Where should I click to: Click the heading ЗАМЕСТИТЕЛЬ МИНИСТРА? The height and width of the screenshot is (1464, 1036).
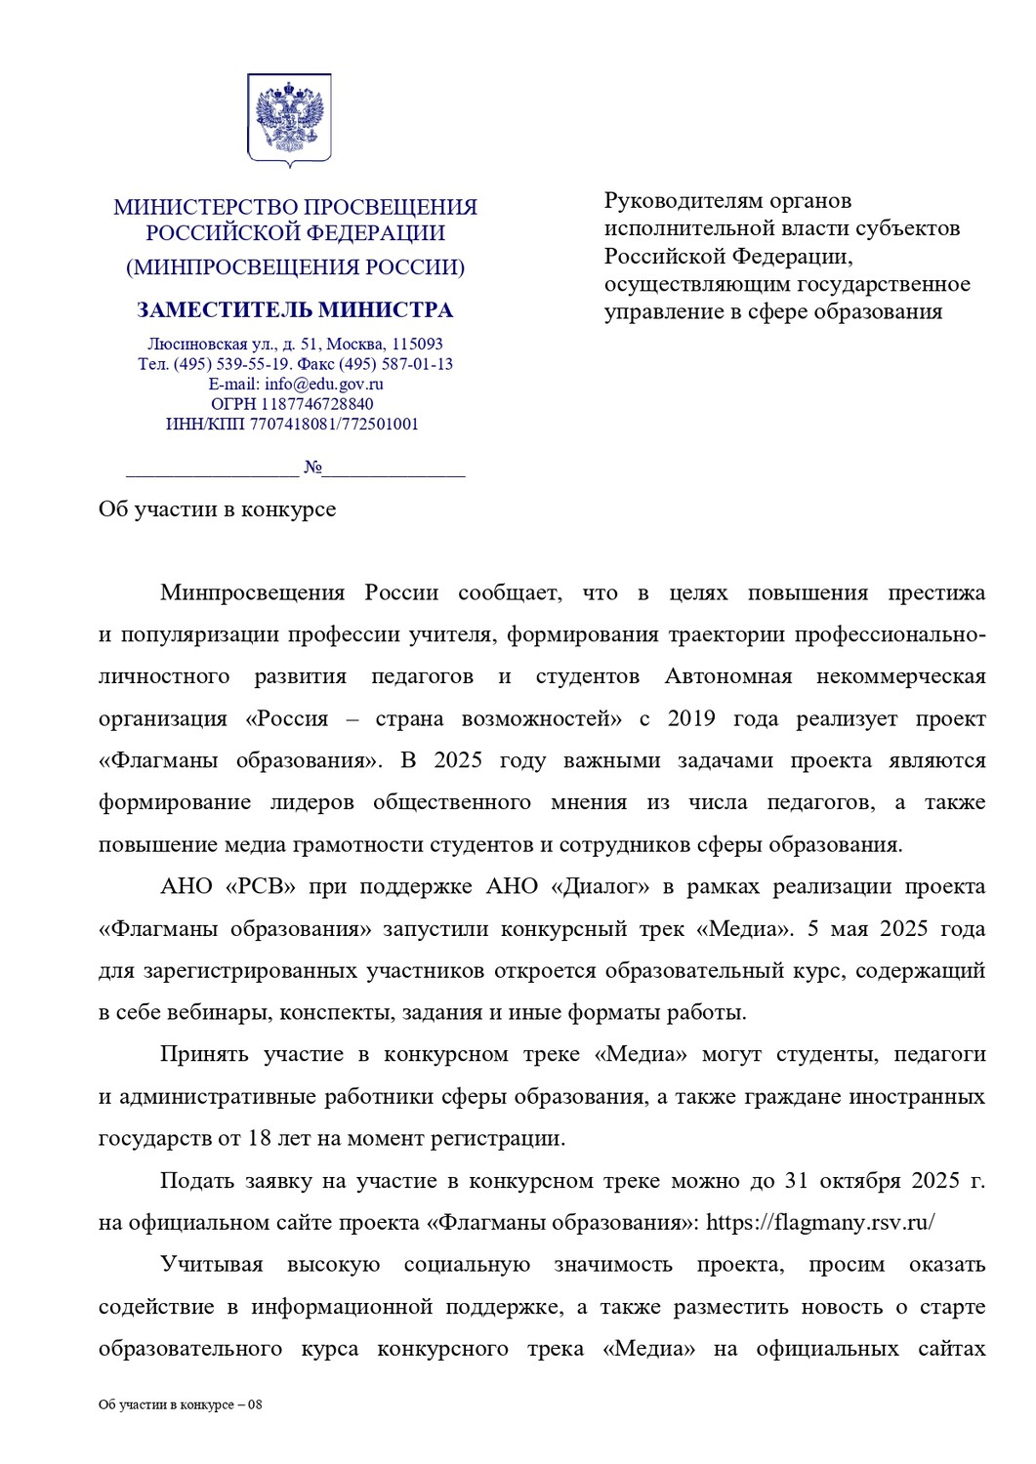(x=295, y=310)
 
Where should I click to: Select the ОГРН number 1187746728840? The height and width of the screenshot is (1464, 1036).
(x=316, y=404)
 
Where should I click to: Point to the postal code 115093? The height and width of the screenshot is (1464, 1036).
(x=417, y=344)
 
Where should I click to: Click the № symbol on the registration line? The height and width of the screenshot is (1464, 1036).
(x=312, y=468)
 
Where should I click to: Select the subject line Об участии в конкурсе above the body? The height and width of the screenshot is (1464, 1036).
(x=217, y=509)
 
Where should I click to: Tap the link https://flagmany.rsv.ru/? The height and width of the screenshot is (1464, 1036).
(x=820, y=1222)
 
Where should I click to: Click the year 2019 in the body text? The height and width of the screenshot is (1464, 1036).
(x=691, y=718)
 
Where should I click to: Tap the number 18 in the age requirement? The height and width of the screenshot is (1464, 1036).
(x=259, y=1138)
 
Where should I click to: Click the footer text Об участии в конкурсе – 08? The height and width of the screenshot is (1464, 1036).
(x=180, y=1404)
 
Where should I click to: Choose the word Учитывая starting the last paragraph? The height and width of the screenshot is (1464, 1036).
(x=212, y=1265)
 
